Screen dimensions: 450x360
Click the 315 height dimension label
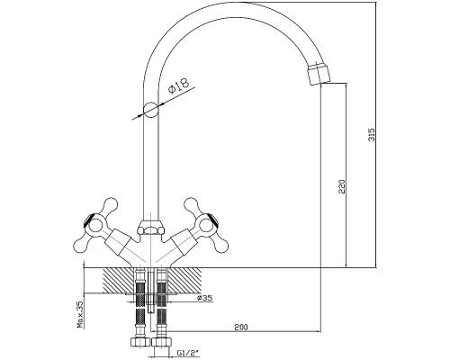372,135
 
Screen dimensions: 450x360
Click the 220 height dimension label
342,186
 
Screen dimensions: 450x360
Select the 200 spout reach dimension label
241,327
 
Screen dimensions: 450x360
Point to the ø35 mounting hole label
204,298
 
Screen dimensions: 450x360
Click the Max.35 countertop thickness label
80,314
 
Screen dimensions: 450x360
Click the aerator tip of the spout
319,73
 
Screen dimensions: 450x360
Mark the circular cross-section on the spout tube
150,110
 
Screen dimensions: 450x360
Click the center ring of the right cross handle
207,226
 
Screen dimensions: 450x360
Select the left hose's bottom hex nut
139,341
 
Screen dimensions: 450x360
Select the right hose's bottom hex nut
162,341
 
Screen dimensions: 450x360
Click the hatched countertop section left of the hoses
118,281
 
